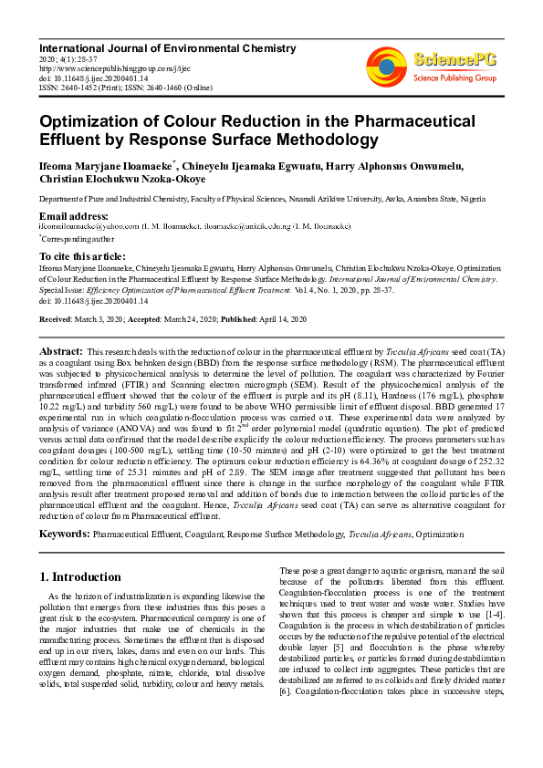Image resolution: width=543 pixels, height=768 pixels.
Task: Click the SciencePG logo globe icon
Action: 386,65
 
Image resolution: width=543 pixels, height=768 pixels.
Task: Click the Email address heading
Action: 74,215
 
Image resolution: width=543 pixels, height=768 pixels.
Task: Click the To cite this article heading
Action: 82,256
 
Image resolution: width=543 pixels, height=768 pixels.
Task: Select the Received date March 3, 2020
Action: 99,319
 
